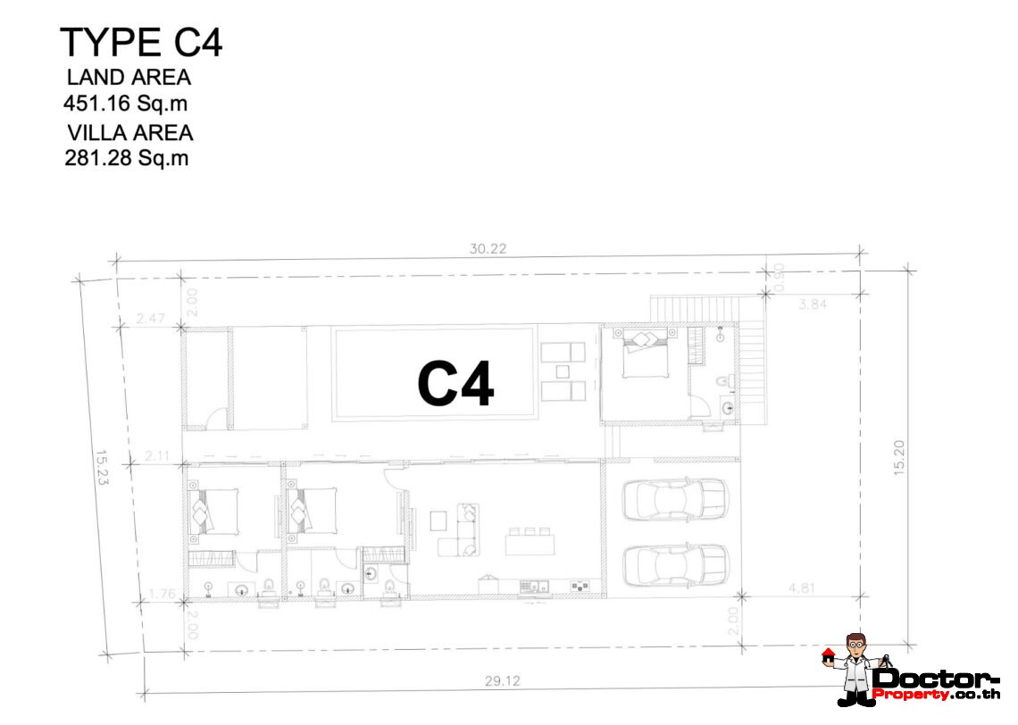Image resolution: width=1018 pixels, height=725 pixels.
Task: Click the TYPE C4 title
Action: pyautogui.click(x=141, y=43)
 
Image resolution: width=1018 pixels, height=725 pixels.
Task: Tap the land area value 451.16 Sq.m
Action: pyautogui.click(x=125, y=104)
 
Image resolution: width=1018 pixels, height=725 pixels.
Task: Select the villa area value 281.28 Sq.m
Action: pyautogui.click(x=127, y=158)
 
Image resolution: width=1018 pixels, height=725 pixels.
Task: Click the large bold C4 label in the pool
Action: pyautogui.click(x=455, y=384)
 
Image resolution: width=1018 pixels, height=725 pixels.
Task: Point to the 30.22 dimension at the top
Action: pyautogui.click(x=488, y=248)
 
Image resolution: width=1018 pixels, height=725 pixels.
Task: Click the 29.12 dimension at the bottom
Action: pyautogui.click(x=503, y=681)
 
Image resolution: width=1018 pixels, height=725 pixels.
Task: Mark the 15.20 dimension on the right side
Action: pyautogui.click(x=899, y=457)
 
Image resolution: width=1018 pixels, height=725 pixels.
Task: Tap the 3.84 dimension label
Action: pyautogui.click(x=813, y=304)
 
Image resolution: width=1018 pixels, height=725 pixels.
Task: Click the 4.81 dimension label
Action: pyautogui.click(x=802, y=588)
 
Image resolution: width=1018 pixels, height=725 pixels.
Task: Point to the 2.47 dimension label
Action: pyautogui.click(x=150, y=318)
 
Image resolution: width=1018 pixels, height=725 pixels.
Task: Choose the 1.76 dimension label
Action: pyautogui.click(x=163, y=593)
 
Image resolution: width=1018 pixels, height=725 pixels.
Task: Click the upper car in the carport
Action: pyautogui.click(x=675, y=499)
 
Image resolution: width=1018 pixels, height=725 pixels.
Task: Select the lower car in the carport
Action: pyautogui.click(x=675, y=565)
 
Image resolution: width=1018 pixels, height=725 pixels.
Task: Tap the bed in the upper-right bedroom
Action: pyautogui.click(x=646, y=354)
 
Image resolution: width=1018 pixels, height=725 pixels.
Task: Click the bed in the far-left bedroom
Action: pyautogui.click(x=213, y=512)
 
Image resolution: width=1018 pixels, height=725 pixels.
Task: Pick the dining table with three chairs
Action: pyautogui.click(x=530, y=541)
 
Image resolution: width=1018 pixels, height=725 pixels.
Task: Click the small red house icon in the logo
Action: pyautogui.click(x=828, y=654)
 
